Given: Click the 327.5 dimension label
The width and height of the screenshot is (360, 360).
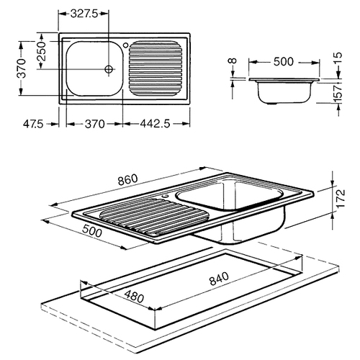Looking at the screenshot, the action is coord(85,14).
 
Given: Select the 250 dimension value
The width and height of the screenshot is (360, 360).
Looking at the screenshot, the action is coord(42,51).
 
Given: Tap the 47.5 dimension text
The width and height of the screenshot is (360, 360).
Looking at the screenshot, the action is coord(33,124).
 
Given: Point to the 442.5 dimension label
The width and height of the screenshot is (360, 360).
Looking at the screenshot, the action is coord(156,124).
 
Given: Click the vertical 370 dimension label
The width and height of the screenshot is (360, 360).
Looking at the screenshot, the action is coord(22,68).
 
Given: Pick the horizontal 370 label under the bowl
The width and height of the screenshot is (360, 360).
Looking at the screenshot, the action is coord(94,124).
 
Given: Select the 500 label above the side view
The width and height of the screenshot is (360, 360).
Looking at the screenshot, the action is coord(284,62).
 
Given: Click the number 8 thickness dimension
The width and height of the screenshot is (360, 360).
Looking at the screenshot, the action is coord(233,60).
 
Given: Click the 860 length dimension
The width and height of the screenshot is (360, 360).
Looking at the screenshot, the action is coord(128,180).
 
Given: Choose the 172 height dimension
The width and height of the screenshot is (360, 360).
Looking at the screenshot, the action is coord(341,199).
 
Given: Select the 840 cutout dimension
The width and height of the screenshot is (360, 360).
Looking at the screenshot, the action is coord(219,279).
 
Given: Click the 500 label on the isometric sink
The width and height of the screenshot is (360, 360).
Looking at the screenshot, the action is coord(92,230).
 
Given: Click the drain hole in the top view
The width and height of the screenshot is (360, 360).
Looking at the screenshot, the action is coord(109,69).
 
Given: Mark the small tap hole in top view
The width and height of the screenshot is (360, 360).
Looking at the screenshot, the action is coord(125,45).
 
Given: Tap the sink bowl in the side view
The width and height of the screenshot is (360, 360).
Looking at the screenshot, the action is coord(284,92).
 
